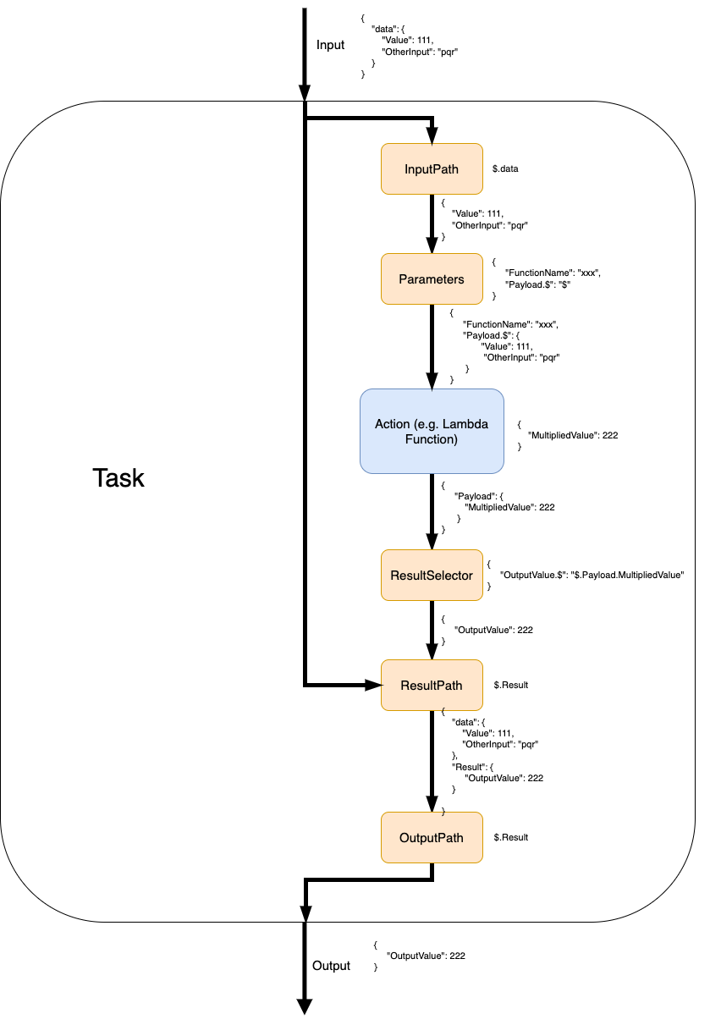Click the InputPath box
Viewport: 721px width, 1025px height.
tap(432, 169)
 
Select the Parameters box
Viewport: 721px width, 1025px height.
tap(432, 279)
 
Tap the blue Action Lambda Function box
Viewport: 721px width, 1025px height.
tap(432, 431)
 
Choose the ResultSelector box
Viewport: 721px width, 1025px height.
tap(432, 576)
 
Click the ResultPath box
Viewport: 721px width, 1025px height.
tap(432, 685)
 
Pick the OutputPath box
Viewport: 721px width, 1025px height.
tap(432, 838)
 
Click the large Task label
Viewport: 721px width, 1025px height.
tap(118, 478)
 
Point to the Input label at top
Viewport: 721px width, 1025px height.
tap(331, 45)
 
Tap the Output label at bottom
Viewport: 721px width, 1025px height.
tap(331, 966)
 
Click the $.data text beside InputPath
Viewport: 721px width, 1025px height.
tap(505, 169)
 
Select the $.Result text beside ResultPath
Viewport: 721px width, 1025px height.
tap(511, 685)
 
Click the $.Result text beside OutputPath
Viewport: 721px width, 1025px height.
tap(511, 838)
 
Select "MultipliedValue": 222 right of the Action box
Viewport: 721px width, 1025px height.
tap(572, 435)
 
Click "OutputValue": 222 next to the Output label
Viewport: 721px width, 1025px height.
tap(426, 956)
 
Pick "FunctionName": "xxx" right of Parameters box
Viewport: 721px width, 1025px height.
tap(553, 273)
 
